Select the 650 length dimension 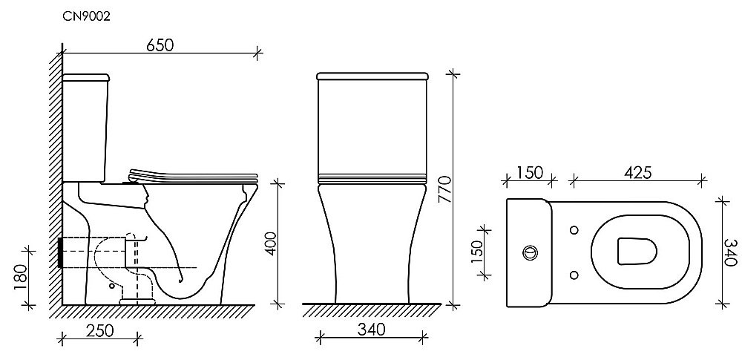[159, 45]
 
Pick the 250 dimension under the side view [99, 331]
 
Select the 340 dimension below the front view [370, 331]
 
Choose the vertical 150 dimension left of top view [478, 251]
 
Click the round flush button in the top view [531, 252]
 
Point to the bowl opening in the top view [637, 252]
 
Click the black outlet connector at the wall [59, 252]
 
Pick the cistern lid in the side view [88, 77]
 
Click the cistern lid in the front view [373, 76]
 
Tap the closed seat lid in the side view [193, 176]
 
